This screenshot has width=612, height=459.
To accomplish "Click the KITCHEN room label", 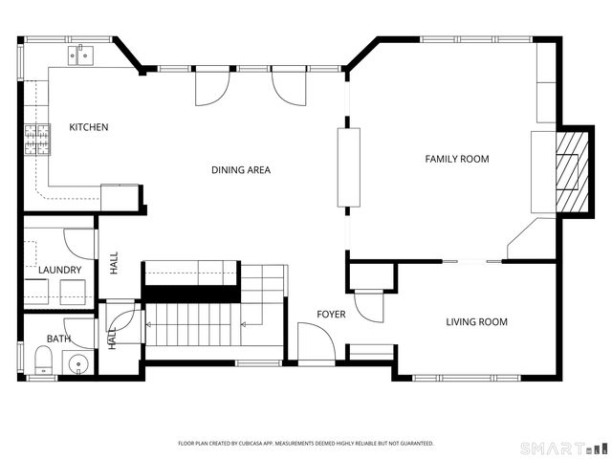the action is tap(89, 127).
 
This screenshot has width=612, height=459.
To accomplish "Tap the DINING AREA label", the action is tap(241, 170).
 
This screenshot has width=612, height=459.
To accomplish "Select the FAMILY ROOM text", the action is tap(457, 159).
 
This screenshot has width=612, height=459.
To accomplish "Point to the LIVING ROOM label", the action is tap(476, 322).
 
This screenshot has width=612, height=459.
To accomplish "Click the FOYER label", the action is tap(331, 315).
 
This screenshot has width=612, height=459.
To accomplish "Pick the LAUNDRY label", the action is tap(59, 270).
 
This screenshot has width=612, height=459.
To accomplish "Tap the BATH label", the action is tap(58, 339).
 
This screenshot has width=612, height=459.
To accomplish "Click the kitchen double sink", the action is tap(81, 55).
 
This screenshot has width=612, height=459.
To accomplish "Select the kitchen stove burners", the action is tap(37, 140).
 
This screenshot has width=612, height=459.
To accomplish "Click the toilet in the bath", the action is tap(44, 361).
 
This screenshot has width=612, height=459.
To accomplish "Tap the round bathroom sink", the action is tap(78, 364).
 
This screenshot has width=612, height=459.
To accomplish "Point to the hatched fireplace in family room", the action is tap(572, 172).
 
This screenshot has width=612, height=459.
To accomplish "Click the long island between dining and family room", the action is tap(348, 167).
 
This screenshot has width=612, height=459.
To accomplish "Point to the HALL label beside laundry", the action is tap(114, 263).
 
